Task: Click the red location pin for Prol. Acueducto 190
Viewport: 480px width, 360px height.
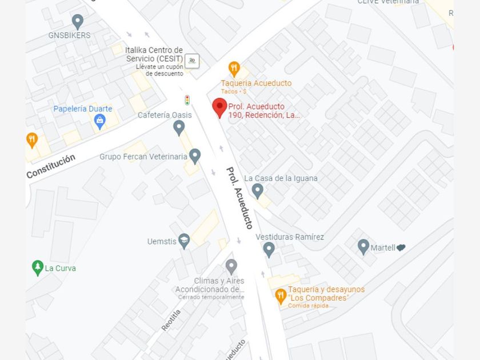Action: [219, 107]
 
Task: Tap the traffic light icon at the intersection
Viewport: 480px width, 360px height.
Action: [187, 100]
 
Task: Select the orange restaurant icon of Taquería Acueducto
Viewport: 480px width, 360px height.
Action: [234, 69]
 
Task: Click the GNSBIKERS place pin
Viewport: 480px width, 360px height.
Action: [78, 22]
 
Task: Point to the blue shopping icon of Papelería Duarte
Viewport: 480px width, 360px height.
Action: [100, 121]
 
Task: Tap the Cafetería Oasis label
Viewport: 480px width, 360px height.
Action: [165, 115]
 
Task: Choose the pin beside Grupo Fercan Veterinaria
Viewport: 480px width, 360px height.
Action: [195, 155]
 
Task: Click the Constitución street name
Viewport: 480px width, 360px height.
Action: [50, 166]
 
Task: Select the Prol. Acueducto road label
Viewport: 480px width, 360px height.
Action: [239, 198]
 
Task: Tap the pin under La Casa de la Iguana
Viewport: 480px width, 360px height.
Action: [258, 190]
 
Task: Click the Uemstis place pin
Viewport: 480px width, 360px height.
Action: [184, 241]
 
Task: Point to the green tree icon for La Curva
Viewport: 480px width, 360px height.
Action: [38, 267]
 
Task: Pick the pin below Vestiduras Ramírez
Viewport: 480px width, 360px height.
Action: [269, 249]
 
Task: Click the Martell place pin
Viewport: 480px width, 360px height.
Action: [363, 247]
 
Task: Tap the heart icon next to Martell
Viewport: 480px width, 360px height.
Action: [401, 248]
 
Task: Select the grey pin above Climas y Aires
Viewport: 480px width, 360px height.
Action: [231, 266]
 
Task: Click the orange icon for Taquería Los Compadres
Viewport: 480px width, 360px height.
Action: [280, 295]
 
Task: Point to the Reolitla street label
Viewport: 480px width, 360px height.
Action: [170, 320]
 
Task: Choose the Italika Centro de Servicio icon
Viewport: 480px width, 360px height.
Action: [193, 60]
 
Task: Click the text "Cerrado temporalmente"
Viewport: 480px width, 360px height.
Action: [211, 297]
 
